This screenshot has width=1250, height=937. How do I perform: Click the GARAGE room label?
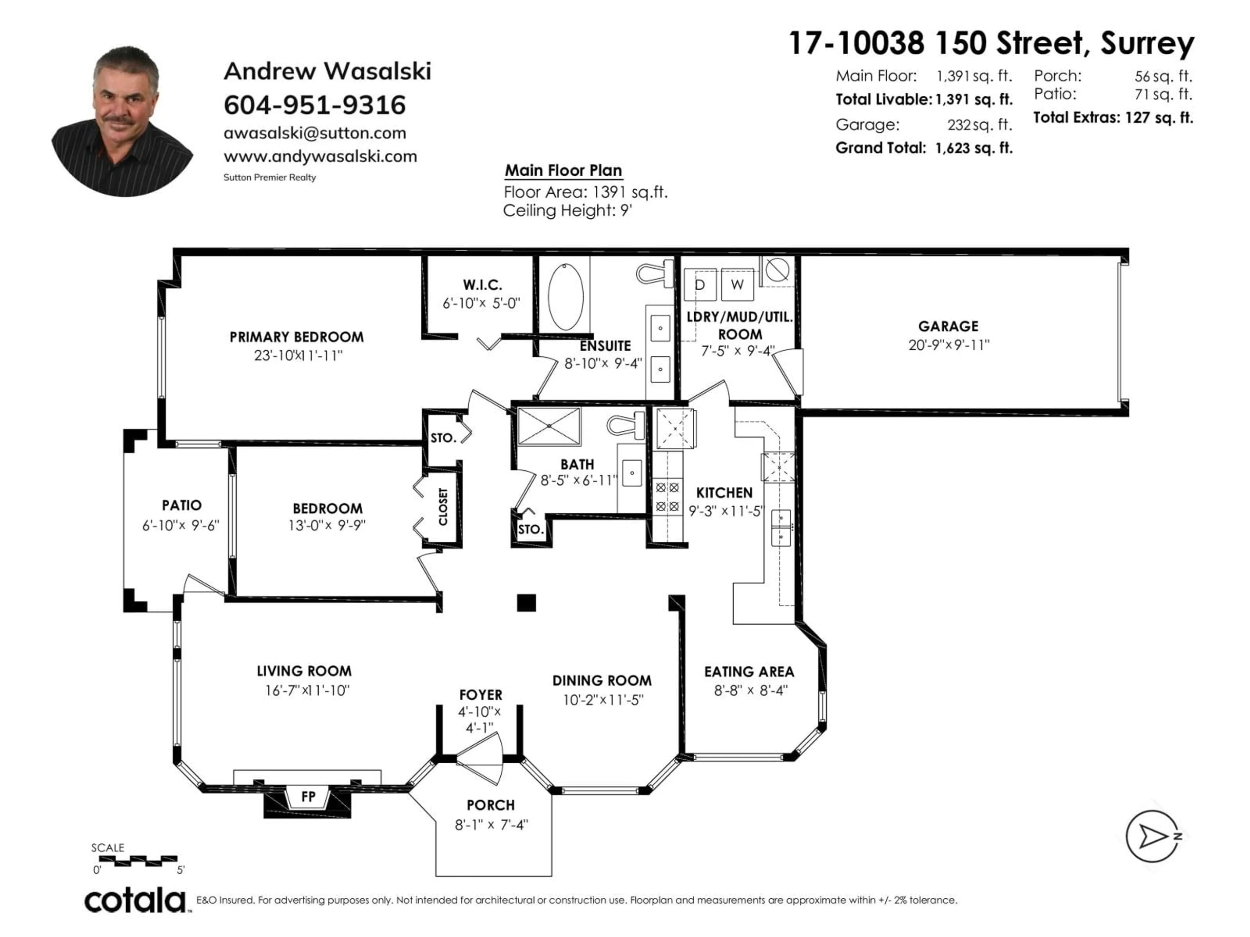click(x=948, y=326)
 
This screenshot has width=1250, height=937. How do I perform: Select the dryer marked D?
click(x=700, y=285)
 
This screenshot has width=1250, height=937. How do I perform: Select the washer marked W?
click(x=737, y=285)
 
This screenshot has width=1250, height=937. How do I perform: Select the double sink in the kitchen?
click(x=781, y=527)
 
